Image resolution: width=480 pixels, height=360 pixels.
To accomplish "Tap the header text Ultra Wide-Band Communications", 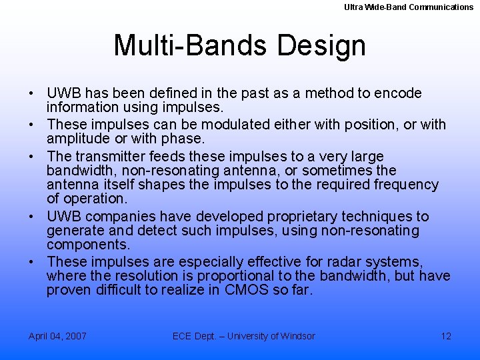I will coord(409,7).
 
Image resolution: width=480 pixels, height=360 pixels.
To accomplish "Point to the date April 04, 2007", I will coord(57,336).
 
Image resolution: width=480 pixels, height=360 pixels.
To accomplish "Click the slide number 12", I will coord(446,336).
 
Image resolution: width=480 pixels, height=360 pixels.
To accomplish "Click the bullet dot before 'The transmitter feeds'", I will coord(33,157).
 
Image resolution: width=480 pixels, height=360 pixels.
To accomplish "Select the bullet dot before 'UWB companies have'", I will coord(33,217).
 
